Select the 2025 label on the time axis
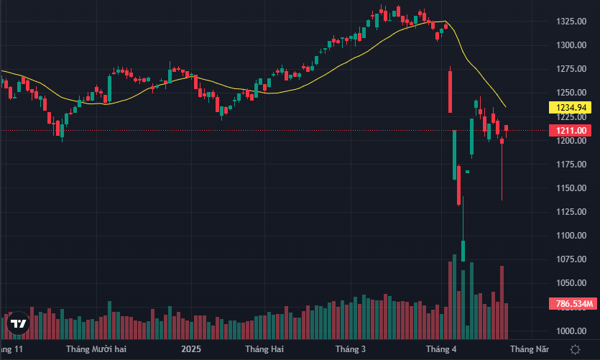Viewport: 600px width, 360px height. (190, 349)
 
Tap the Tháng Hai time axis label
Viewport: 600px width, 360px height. (264, 349)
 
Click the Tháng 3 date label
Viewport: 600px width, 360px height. (352, 349)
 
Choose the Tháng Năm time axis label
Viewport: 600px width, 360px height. (530, 349)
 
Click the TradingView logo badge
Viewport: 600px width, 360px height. (19, 324)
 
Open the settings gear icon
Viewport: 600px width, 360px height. (575, 349)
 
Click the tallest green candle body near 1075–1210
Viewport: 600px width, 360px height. (455, 154)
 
